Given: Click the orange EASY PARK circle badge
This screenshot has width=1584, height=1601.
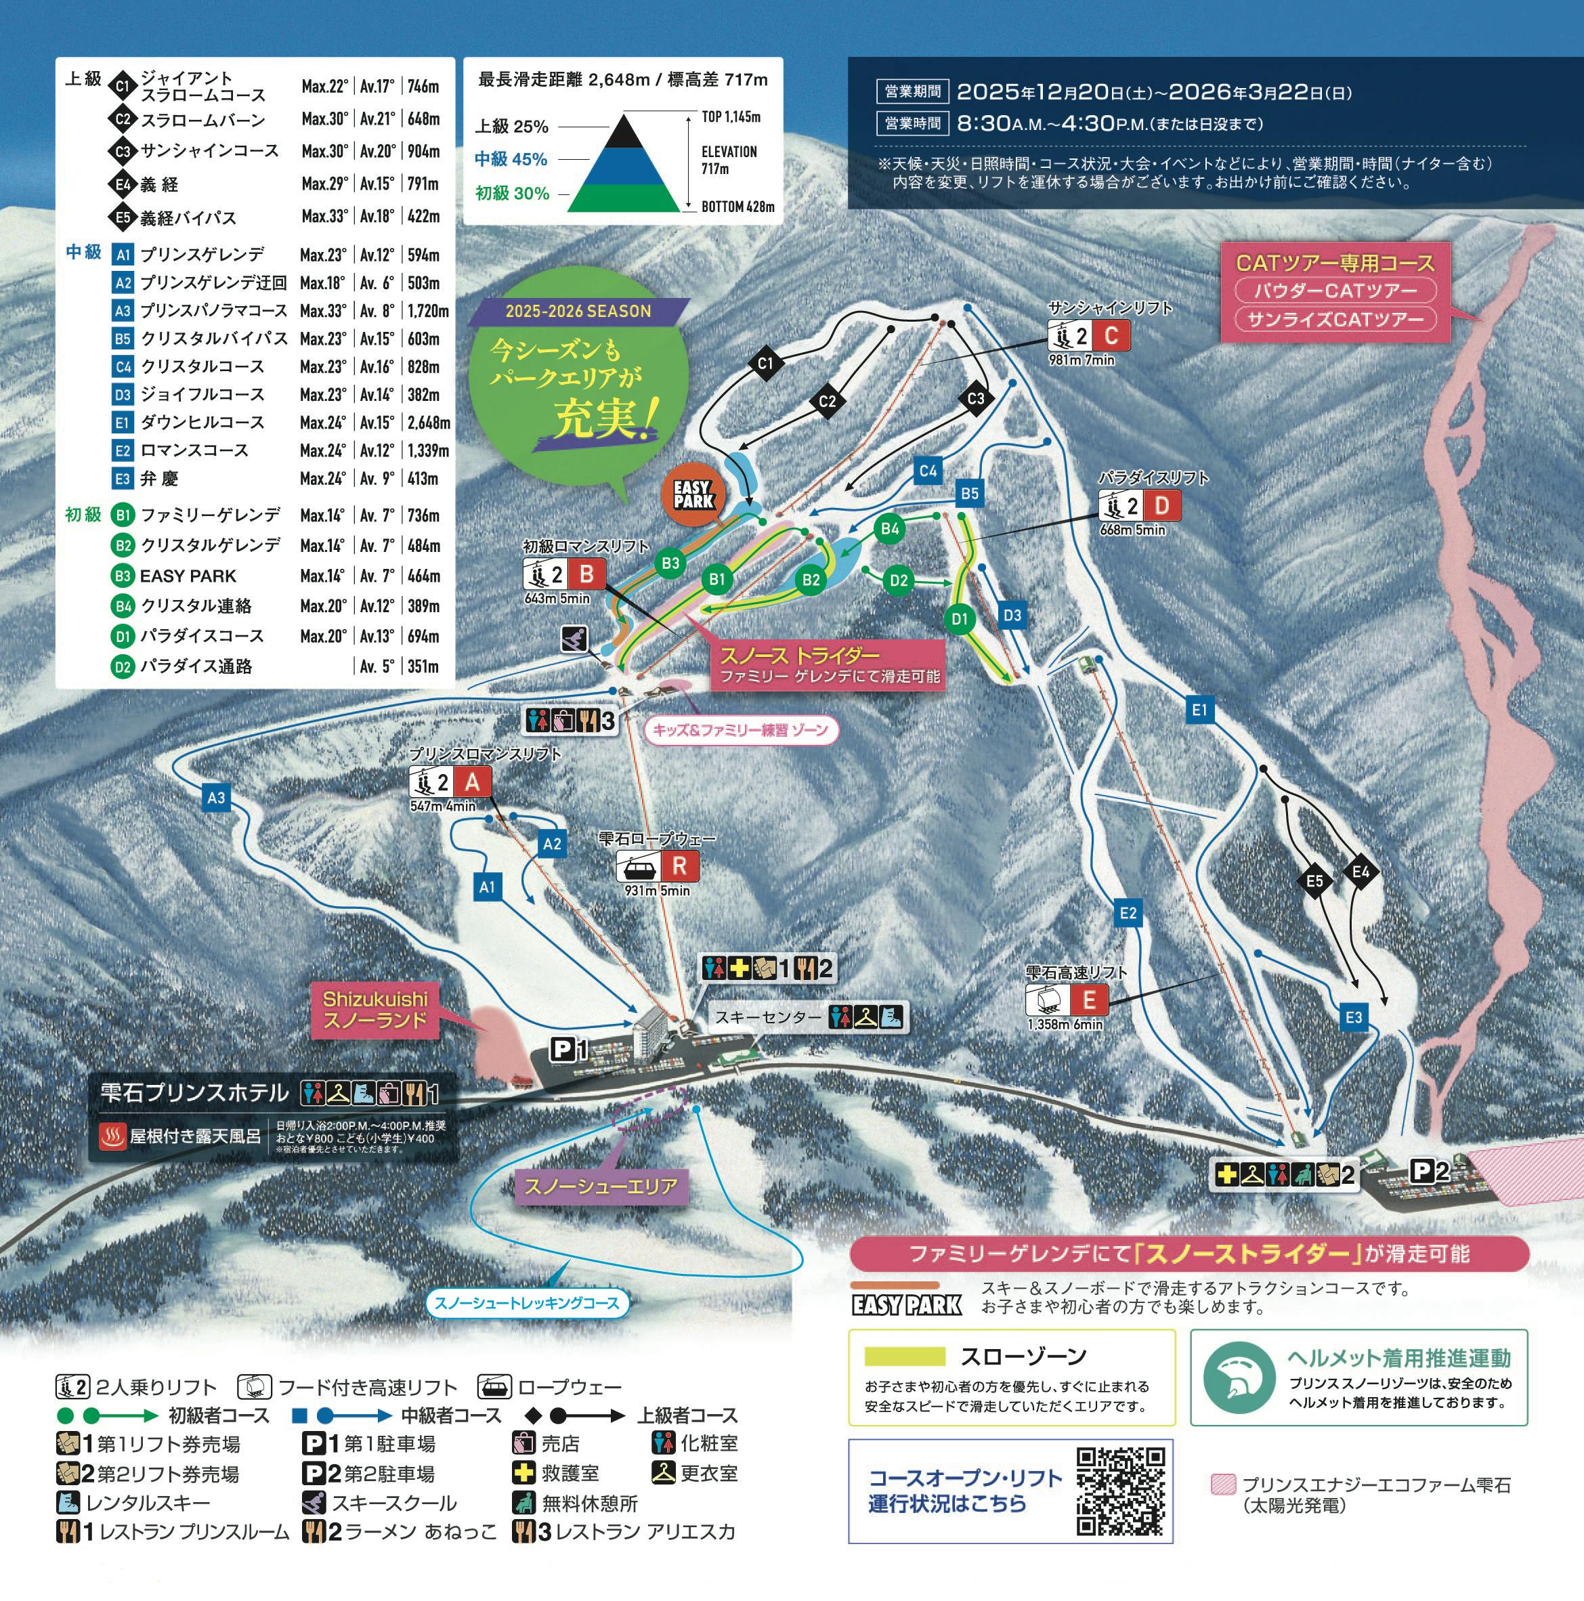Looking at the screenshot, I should click(x=693, y=496).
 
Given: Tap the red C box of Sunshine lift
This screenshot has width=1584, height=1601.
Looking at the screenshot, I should click(x=1111, y=336).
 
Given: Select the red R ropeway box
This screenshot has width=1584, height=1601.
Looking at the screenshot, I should click(x=679, y=867).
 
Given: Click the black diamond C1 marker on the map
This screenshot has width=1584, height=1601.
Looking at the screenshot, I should click(x=765, y=363).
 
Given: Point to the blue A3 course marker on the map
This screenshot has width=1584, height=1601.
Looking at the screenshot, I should click(x=215, y=798).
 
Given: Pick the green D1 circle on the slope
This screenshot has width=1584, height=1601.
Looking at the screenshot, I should click(x=960, y=618).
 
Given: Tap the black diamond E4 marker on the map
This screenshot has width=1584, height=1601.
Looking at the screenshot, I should click(x=1361, y=872).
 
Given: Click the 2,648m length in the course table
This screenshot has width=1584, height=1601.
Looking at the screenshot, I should click(x=429, y=423).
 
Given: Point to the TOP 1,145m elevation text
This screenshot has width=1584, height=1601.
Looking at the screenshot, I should click(x=731, y=117).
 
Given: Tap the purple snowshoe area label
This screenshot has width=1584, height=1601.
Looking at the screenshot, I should click(x=601, y=1187).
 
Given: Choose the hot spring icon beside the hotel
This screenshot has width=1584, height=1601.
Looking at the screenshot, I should click(x=112, y=1136).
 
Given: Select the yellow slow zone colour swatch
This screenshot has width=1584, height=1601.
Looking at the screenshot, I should click(x=905, y=1356).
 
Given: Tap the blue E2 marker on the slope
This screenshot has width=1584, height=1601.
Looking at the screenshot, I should click(x=1128, y=913).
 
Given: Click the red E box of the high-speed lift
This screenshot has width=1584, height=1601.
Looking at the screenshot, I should click(x=1088, y=1000).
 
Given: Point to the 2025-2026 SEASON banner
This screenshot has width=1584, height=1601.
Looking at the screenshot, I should click(x=578, y=312).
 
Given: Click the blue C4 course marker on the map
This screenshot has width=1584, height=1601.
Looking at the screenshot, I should click(x=928, y=471).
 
